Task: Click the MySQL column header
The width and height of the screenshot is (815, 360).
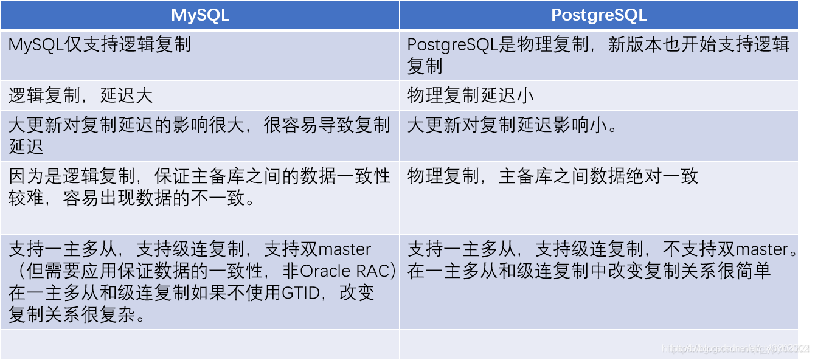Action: [x=199, y=15]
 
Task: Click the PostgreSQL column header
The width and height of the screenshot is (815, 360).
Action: [x=598, y=15]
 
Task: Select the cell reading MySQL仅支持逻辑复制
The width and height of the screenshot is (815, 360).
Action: [x=100, y=44]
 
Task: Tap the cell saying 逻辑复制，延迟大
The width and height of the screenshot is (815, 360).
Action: [x=80, y=95]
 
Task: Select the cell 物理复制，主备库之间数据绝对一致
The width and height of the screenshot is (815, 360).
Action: [x=552, y=176]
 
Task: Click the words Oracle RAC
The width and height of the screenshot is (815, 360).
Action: [x=346, y=271]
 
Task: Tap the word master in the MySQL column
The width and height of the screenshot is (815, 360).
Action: [x=344, y=249]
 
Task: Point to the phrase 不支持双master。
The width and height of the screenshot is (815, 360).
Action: [x=730, y=249]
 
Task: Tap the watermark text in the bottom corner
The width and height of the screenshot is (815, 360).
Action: [x=736, y=349]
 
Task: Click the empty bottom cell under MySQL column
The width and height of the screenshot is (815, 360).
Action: [x=199, y=344]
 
